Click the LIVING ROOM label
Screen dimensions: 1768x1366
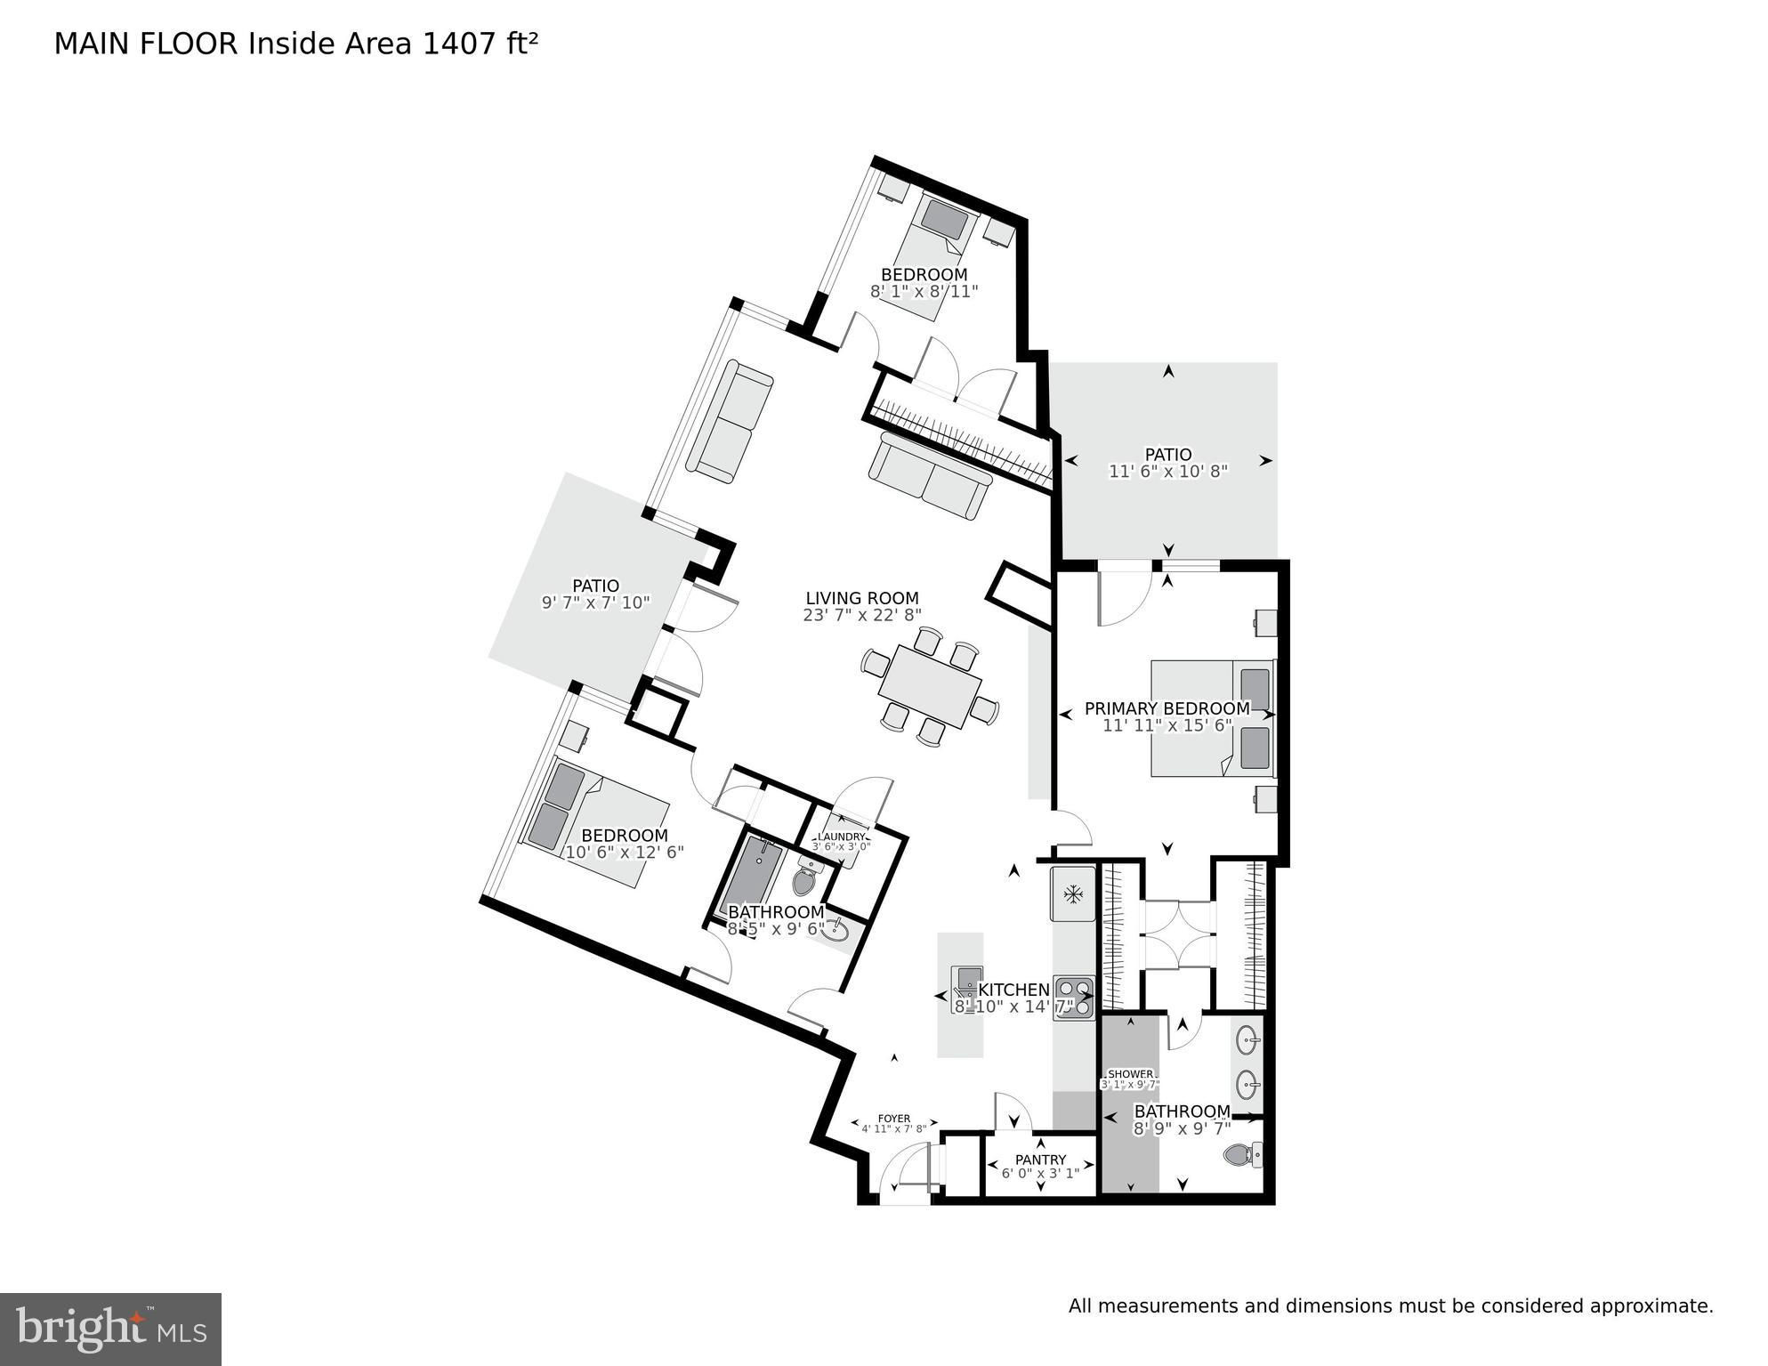point(861,598)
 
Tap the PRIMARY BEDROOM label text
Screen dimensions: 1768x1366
point(1167,708)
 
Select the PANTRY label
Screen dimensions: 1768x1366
point(1040,1160)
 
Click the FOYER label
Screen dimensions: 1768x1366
point(894,1119)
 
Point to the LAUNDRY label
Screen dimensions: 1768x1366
point(841,837)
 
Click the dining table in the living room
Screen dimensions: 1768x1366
point(930,686)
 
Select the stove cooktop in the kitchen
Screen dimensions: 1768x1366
point(1073,998)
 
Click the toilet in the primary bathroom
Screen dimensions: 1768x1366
point(1243,1155)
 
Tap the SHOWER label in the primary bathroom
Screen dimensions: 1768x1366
point(1130,1074)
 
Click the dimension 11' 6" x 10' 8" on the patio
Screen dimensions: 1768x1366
point(1168,472)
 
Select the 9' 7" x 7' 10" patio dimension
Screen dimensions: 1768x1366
point(595,602)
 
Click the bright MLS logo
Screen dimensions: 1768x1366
point(110,1329)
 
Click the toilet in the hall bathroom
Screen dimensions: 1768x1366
point(804,879)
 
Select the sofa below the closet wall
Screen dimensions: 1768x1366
point(931,476)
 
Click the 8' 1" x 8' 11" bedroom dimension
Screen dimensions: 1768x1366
point(924,291)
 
